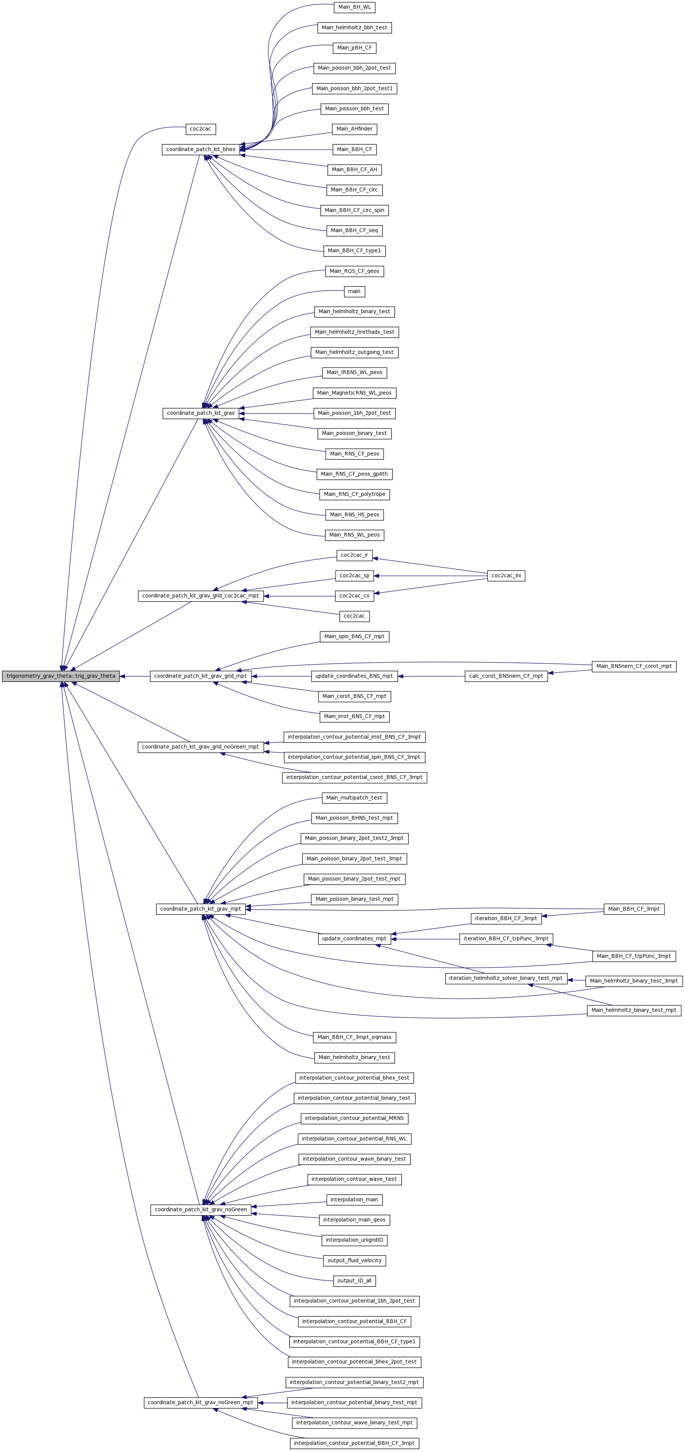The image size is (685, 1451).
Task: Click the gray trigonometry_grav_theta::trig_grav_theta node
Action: [x=61, y=676]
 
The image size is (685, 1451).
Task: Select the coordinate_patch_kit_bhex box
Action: [x=201, y=149]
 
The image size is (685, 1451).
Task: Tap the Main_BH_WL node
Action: [x=354, y=7]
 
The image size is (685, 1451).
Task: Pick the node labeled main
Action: [x=354, y=291]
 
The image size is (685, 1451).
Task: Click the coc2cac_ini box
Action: [x=506, y=576]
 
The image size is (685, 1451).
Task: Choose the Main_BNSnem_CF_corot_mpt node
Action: [x=634, y=666]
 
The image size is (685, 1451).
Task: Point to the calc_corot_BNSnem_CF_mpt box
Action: [x=506, y=676]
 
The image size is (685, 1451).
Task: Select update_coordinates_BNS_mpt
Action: [x=354, y=676]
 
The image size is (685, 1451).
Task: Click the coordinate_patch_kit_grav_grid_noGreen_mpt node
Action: [x=201, y=747]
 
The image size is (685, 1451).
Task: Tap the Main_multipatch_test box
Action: [x=354, y=798]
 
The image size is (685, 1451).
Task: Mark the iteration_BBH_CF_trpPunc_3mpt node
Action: [x=506, y=938]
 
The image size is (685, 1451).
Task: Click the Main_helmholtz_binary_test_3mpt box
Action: [x=634, y=981]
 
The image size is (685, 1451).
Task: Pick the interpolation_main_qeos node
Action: [x=354, y=1220]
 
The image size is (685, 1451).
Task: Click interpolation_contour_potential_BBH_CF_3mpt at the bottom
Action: [x=354, y=1443]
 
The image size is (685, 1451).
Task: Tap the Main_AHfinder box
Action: [x=354, y=129]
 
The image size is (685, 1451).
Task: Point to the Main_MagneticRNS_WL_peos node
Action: [x=354, y=393]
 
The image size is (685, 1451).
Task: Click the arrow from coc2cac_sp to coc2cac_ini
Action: [x=431, y=576]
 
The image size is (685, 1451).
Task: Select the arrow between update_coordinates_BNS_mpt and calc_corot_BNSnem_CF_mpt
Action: [x=431, y=676]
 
